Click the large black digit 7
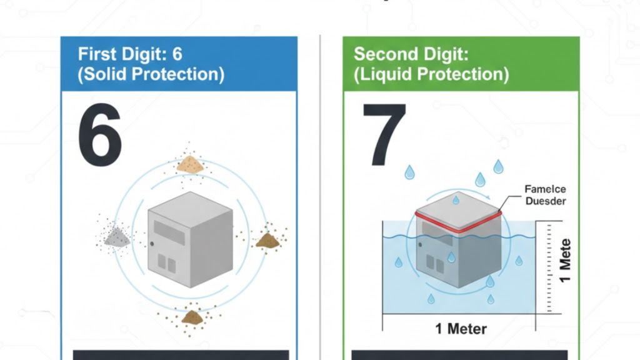(384, 134)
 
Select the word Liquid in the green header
(387, 74)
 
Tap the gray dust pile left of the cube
(117, 236)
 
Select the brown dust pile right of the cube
(267, 239)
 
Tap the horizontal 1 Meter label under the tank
(461, 329)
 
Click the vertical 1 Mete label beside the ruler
(565, 259)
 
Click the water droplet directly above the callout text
(498, 166)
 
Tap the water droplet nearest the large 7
(409, 172)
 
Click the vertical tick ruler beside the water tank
(548, 266)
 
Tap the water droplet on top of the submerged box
(456, 200)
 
